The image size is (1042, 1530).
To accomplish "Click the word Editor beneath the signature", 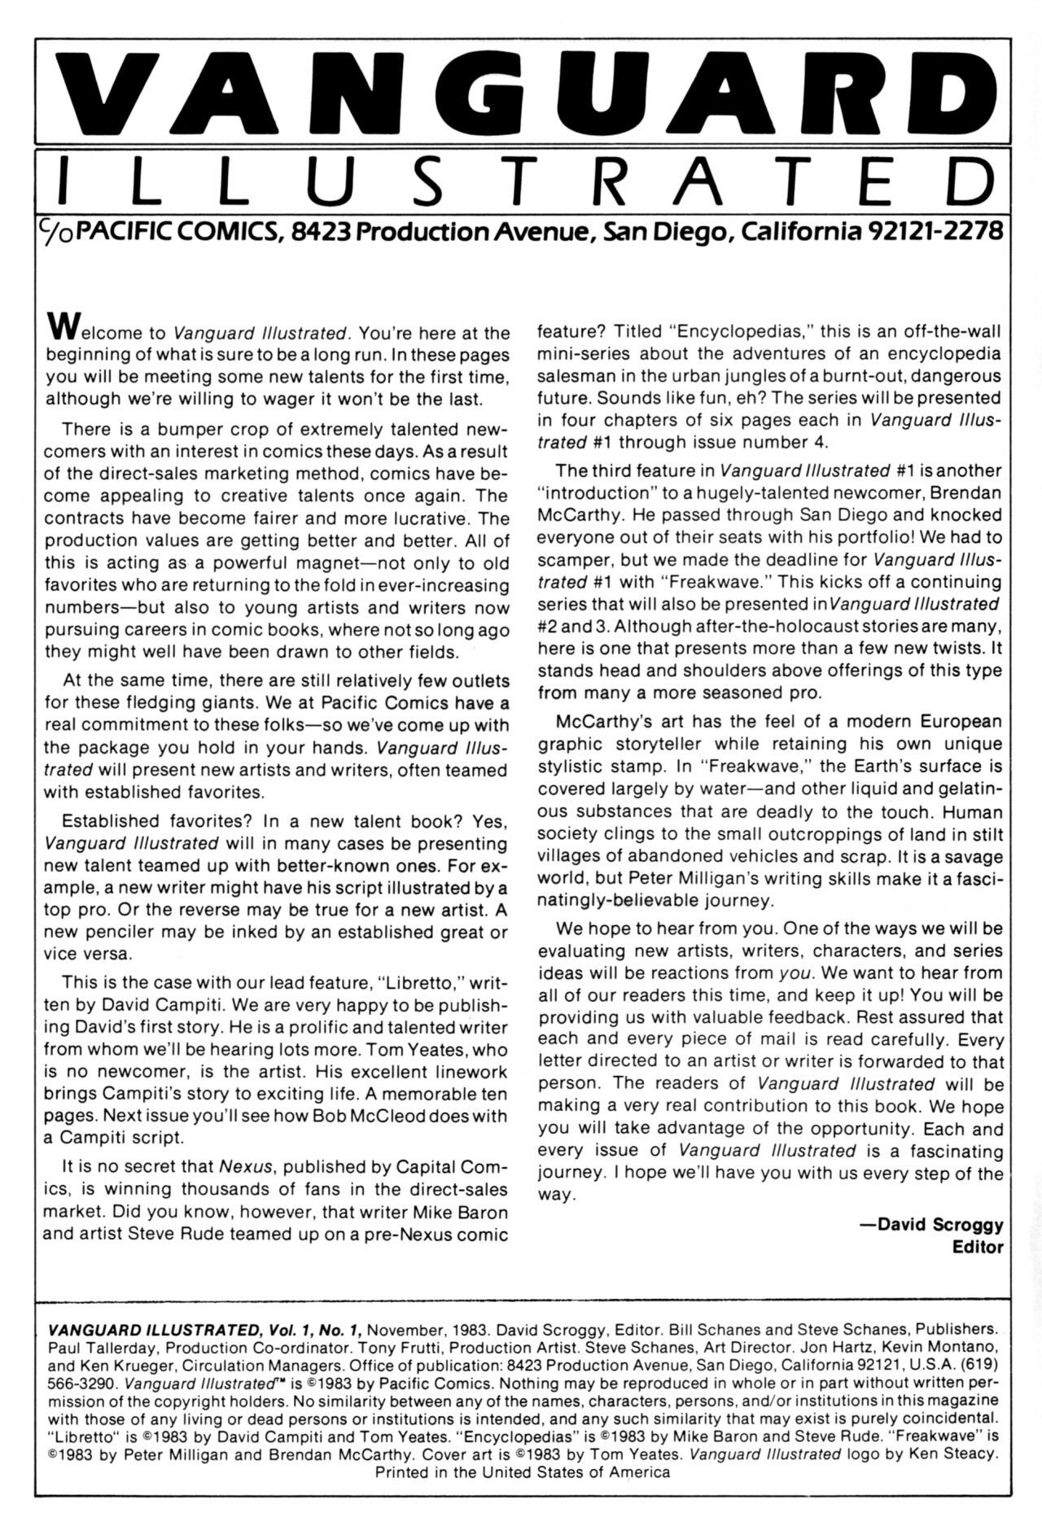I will pos(978,1247).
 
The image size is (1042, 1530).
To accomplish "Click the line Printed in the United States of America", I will pos(522,1471).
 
